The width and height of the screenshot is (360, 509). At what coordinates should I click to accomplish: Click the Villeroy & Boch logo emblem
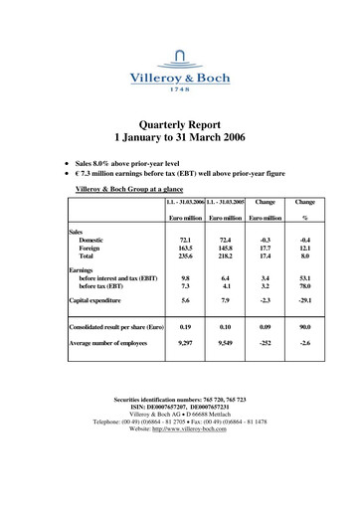click(179, 55)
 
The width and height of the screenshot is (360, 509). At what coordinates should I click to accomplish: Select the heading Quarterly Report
click(180, 121)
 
